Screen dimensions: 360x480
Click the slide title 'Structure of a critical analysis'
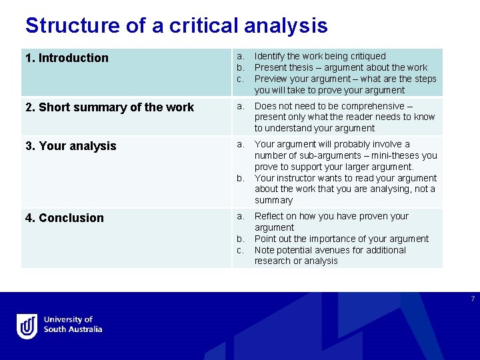(176, 25)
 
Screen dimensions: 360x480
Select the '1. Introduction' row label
(67, 58)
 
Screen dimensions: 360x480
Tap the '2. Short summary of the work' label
(109, 107)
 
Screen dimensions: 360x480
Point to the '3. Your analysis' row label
(71, 146)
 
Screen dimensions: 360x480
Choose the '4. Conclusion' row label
(65, 218)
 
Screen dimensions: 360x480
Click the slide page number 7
(472, 298)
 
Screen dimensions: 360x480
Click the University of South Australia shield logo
(27, 326)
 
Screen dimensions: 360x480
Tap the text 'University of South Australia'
(73, 325)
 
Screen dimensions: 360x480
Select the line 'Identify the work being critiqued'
(320, 56)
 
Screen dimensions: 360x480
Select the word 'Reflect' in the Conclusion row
(269, 216)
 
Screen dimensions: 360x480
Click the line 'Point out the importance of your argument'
(341, 239)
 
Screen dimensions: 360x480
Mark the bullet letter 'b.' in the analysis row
(241, 178)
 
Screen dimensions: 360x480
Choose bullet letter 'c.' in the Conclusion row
(241, 250)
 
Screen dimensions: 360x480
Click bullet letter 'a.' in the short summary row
(241, 106)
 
